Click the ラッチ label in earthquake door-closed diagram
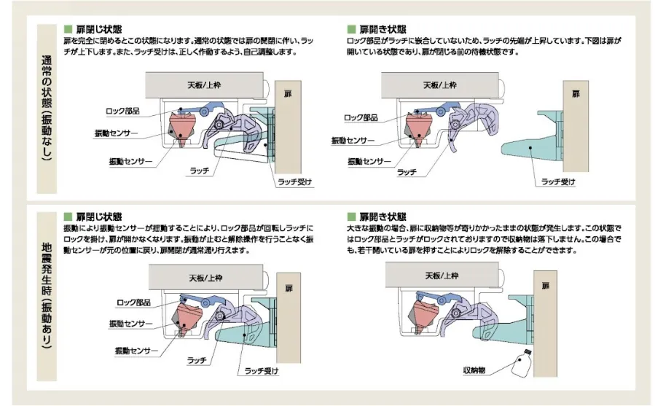(197, 361)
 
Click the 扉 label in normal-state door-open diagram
(576, 94)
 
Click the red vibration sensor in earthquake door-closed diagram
(189, 319)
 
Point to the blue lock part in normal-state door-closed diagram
(191, 109)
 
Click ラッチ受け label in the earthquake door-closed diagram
(262, 370)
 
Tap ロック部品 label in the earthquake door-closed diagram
(133, 302)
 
